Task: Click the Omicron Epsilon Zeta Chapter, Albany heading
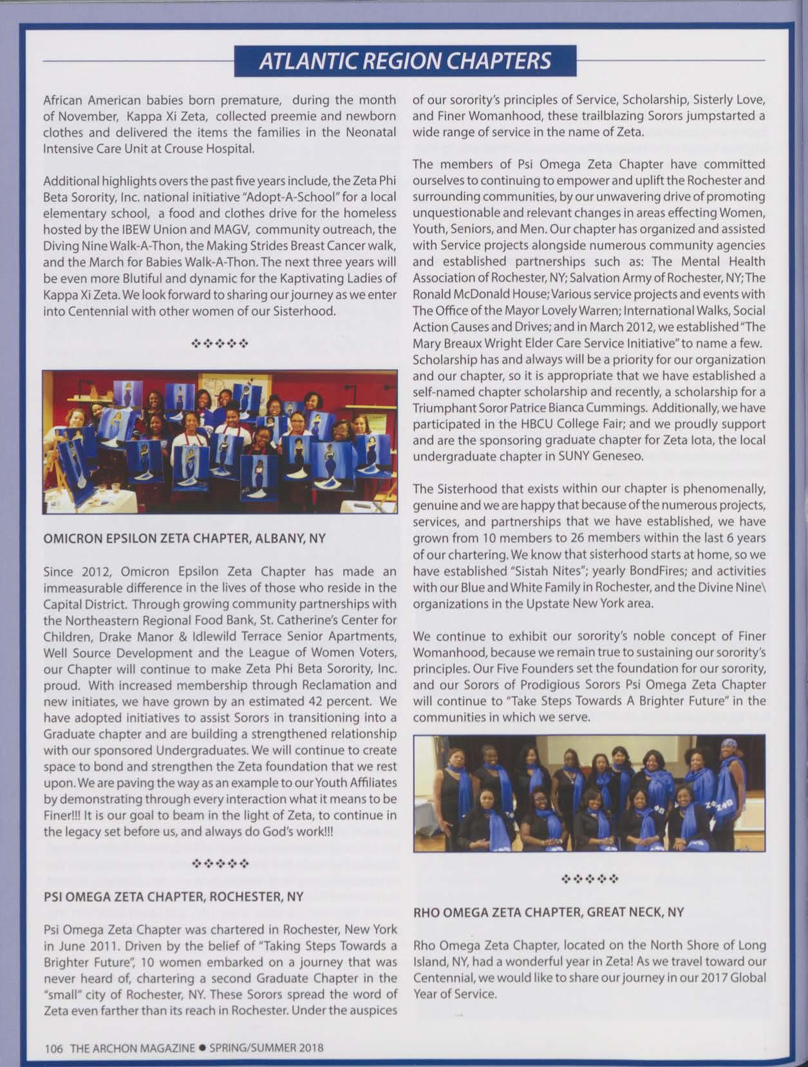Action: [x=184, y=539]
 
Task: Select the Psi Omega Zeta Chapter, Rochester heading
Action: [x=173, y=896]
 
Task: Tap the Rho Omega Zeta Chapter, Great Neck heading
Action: [x=549, y=912]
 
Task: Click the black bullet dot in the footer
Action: [x=202, y=1048]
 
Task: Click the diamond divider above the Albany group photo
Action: [x=220, y=344]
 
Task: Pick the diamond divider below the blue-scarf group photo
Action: [x=589, y=878]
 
